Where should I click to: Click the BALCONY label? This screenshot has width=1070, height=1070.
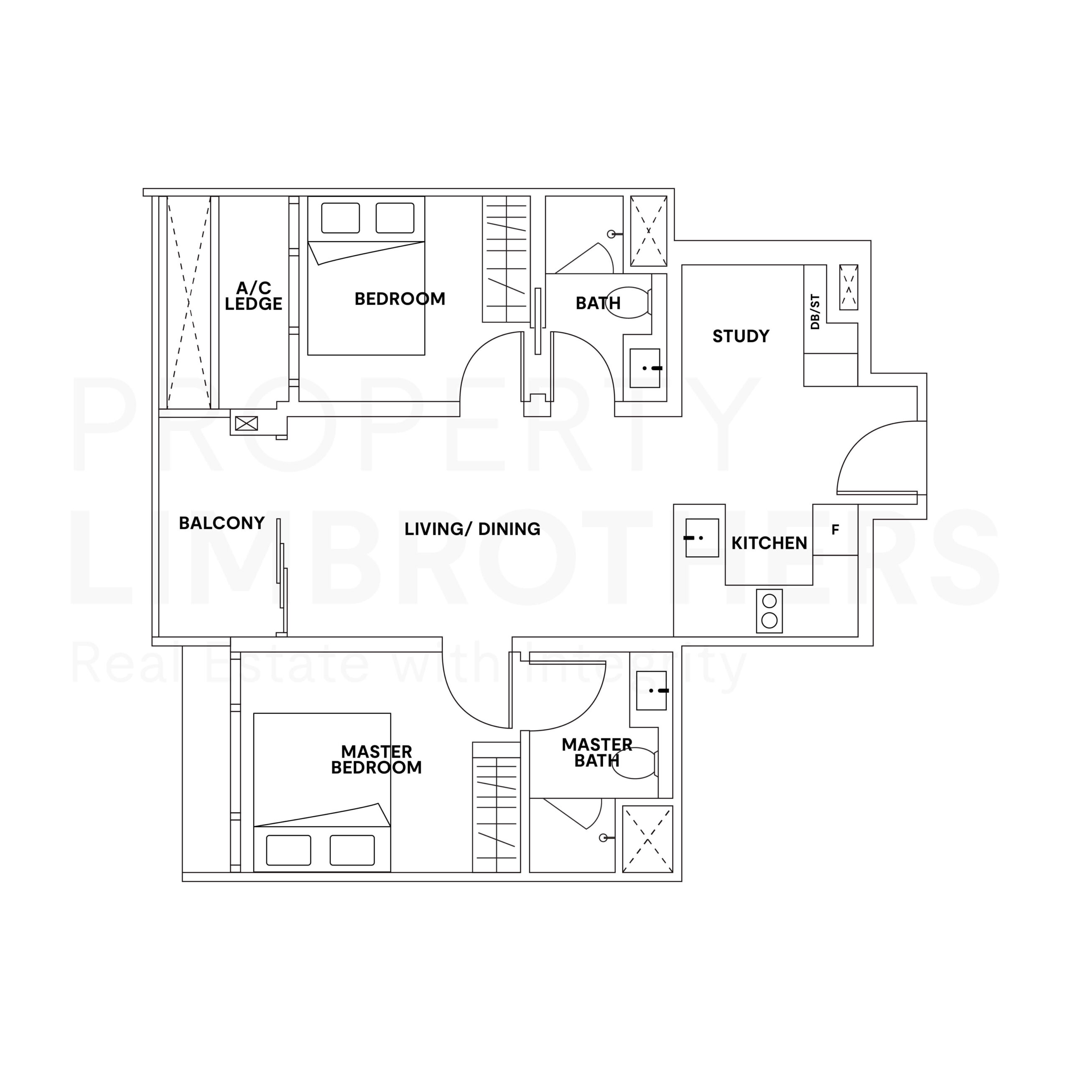click(x=222, y=523)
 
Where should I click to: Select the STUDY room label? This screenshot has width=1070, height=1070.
click(x=741, y=336)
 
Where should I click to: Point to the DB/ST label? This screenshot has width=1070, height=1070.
click(x=815, y=312)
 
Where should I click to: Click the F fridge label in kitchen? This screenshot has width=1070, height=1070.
click(x=835, y=530)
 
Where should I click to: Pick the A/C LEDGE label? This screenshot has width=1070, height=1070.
click(x=254, y=296)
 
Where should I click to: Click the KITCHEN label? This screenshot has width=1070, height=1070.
click(x=769, y=543)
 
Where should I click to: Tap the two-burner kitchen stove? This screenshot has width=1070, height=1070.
click(x=769, y=611)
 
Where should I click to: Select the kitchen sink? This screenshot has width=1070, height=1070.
click(x=702, y=538)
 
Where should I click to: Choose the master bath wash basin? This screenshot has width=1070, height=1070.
click(x=652, y=690)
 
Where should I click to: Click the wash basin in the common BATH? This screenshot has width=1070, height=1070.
click(x=646, y=368)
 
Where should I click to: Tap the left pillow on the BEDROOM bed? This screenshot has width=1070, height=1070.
click(x=341, y=218)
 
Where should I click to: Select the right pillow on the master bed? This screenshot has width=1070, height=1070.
click(x=352, y=850)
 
